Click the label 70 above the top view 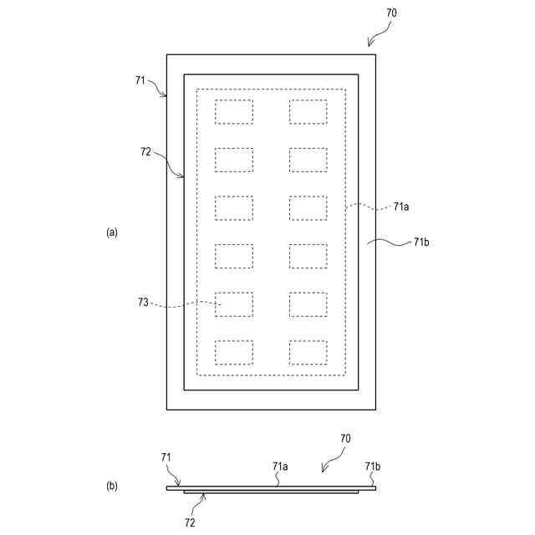[392, 13]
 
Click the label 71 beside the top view [140, 80]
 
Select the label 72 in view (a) [145, 152]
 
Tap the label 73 [144, 303]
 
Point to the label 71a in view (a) [400, 206]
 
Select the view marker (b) [112, 486]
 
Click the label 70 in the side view [345, 438]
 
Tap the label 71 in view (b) [166, 457]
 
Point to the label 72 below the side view [190, 522]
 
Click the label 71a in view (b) [280, 466]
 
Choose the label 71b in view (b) [373, 466]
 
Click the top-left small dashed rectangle [234, 112]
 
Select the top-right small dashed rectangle [308, 112]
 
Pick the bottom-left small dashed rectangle [234, 352]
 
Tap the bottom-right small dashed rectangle [308, 352]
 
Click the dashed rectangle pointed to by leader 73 [234, 304]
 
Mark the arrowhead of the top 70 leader [369, 44]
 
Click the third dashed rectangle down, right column [308, 208]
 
